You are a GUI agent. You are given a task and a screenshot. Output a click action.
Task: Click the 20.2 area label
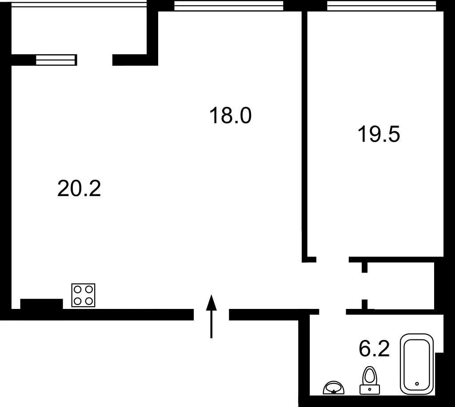79,189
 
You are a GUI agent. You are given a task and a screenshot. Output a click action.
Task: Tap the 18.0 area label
231,115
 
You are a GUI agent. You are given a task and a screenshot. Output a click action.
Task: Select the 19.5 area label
379,134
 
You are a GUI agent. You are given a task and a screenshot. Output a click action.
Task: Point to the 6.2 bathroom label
374,348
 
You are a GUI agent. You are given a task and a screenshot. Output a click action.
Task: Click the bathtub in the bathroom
417,364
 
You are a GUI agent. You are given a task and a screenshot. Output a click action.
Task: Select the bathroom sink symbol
334,388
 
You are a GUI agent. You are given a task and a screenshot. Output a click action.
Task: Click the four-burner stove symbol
83,295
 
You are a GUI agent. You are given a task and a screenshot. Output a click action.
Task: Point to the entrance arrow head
212,302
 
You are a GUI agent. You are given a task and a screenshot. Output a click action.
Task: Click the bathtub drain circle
417,384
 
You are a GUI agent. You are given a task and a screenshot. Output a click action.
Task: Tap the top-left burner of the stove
77,289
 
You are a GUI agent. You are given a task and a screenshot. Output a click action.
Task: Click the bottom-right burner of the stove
89,301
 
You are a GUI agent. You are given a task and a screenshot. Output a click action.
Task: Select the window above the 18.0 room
229,5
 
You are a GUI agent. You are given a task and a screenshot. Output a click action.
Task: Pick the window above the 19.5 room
382,5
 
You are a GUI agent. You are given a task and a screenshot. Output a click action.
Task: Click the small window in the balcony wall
56,60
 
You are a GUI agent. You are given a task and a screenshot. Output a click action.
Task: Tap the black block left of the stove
41,304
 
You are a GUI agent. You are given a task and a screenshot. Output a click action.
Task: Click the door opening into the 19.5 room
332,260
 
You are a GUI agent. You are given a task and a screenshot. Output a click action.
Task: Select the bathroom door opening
332,312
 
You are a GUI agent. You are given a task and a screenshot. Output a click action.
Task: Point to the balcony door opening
95,60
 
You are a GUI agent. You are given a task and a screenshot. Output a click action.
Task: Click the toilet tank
369,389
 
